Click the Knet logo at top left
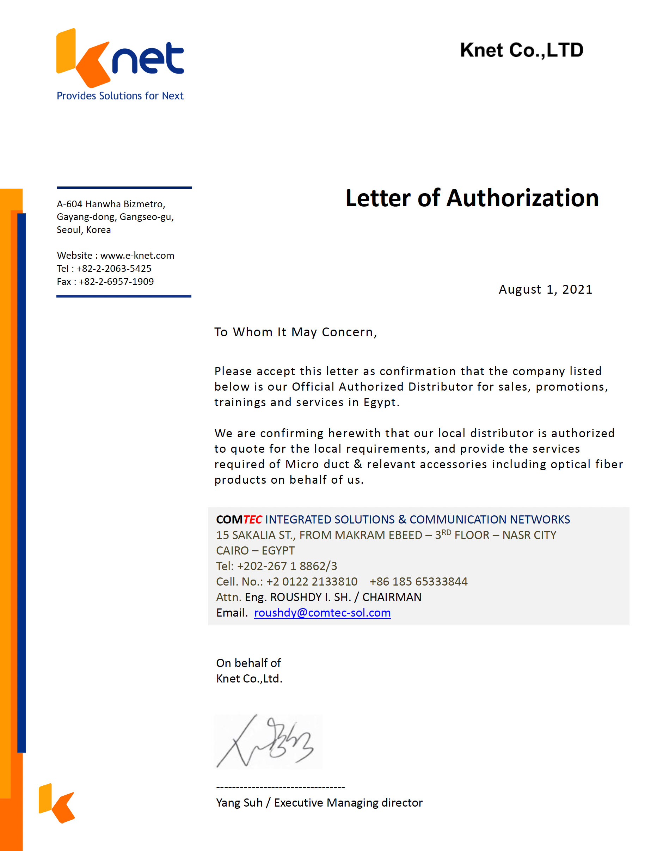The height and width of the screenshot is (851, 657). coord(119,59)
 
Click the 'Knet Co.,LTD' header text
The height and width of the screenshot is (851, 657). coord(521,50)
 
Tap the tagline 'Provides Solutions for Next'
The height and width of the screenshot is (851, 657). coord(120,96)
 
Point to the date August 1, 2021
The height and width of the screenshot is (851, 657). coord(545,289)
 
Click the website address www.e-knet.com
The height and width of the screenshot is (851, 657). coord(137,256)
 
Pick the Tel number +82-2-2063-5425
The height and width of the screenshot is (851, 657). coord(114,269)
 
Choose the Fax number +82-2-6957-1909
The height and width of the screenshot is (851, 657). coord(116,281)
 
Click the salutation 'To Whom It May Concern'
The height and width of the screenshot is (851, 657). coord(295,332)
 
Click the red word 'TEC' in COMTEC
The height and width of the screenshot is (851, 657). coord(252,519)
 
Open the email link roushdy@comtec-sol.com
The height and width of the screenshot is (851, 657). coord(322,613)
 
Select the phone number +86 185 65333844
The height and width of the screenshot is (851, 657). coord(418,581)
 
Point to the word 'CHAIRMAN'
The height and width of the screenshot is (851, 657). coord(392,597)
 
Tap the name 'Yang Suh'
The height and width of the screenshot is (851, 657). coord(239,803)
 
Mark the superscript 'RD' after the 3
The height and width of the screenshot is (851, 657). coord(446,532)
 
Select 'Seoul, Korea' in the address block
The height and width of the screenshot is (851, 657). coord(84,230)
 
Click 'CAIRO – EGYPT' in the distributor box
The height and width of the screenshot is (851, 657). coord(255,551)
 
